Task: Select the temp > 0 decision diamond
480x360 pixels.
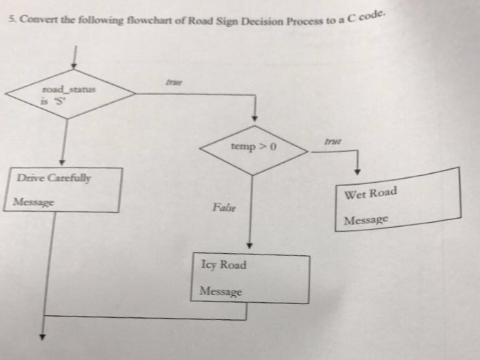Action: click(x=254, y=148)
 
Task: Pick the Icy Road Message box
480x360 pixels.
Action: click(x=250, y=279)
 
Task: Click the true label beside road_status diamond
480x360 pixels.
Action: click(x=172, y=83)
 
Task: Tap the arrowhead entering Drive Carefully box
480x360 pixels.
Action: click(x=63, y=161)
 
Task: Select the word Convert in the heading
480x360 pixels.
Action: click(x=35, y=18)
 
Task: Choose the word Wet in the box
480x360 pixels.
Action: click(x=356, y=195)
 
